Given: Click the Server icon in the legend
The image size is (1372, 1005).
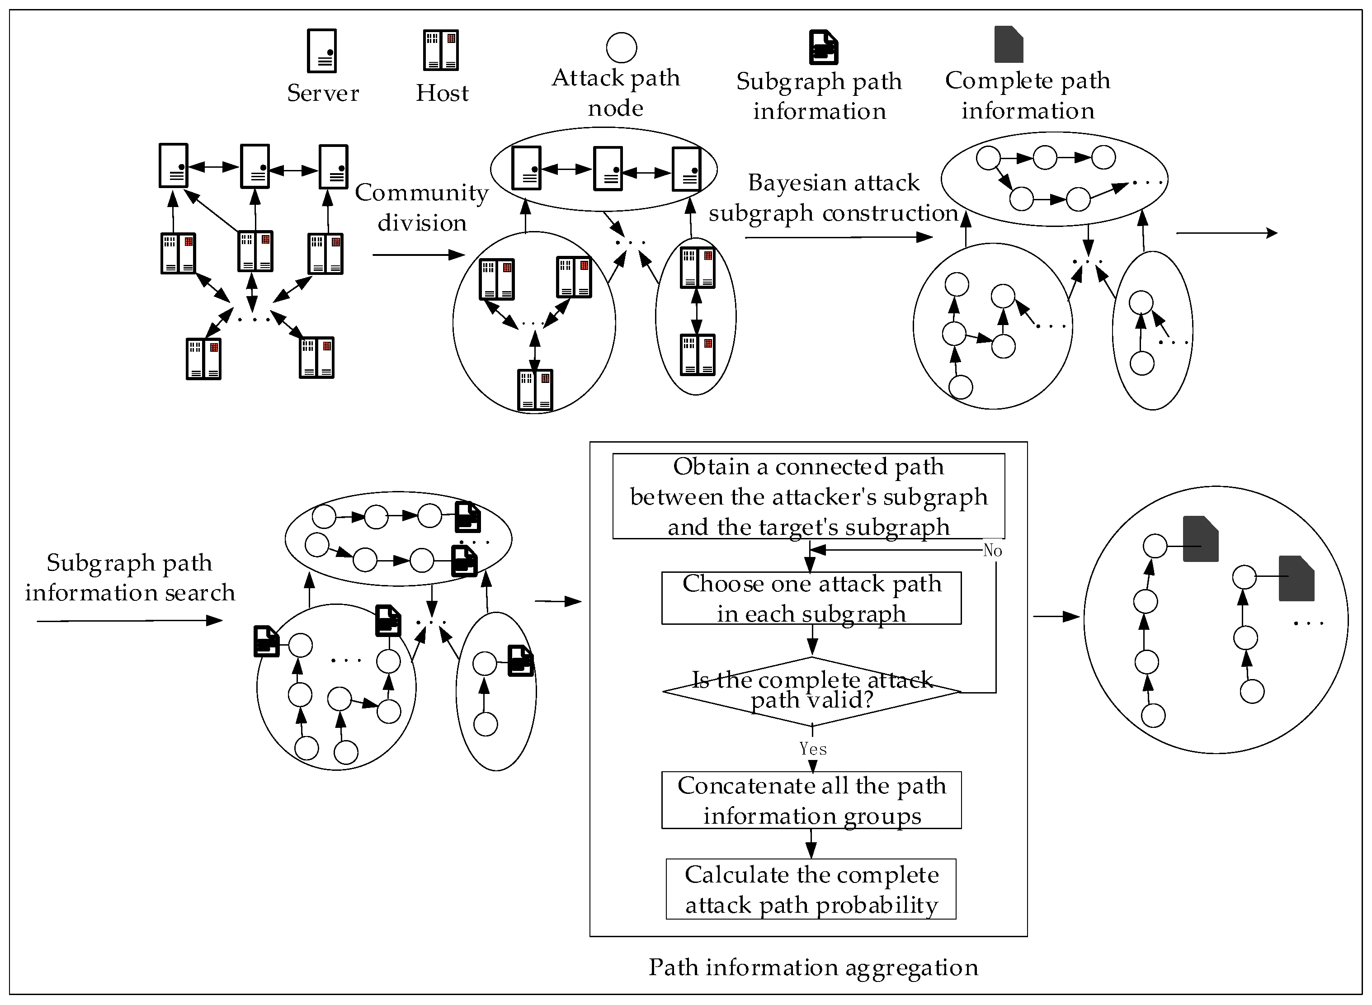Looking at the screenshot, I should pos(322,51).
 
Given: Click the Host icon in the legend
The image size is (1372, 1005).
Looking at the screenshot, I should pos(441,50).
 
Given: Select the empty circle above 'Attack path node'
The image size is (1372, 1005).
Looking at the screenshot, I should pos(621,47).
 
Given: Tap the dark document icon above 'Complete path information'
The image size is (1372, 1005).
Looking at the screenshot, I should pos(1009,44).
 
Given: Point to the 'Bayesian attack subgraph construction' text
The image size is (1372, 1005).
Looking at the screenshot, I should pos(833,198).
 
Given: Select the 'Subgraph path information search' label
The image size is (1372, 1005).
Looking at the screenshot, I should pos(130,577).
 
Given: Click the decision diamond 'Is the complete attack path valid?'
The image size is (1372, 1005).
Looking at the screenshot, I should pos(811,690).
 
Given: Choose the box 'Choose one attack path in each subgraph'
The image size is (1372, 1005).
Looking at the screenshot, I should pos(811,598).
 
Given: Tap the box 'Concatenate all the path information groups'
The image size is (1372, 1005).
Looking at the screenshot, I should pos(811,800).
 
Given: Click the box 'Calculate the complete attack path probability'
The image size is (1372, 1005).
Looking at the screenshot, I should pos(811,889).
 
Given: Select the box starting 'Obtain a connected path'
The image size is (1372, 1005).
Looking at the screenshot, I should pos(808,496).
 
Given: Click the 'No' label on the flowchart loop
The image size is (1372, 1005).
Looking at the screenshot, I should pos(992,551).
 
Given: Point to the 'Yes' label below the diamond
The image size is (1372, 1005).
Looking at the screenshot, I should pos(812,749).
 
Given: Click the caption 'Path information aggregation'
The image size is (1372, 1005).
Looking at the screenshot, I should pos(813,967).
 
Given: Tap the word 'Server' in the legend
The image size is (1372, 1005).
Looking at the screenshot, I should pos(322,93).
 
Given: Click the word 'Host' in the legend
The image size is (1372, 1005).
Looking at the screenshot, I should pos(442,93).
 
